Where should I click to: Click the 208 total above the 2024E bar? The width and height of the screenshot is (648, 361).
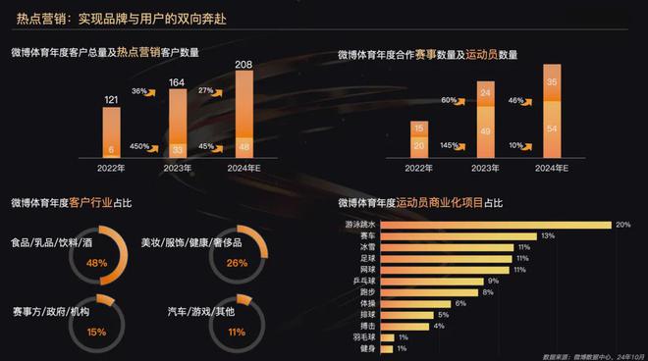243,64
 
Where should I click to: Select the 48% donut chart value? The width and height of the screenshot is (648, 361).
96,263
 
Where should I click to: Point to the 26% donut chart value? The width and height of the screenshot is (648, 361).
237,263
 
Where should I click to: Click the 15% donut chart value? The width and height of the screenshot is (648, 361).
96,332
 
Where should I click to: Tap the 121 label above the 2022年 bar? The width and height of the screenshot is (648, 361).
113,99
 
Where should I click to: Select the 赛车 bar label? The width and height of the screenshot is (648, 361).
367,236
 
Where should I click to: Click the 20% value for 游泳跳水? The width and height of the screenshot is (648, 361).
622,225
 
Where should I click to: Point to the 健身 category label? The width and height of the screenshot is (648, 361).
367,349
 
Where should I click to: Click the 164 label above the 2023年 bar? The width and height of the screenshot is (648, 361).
178,81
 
